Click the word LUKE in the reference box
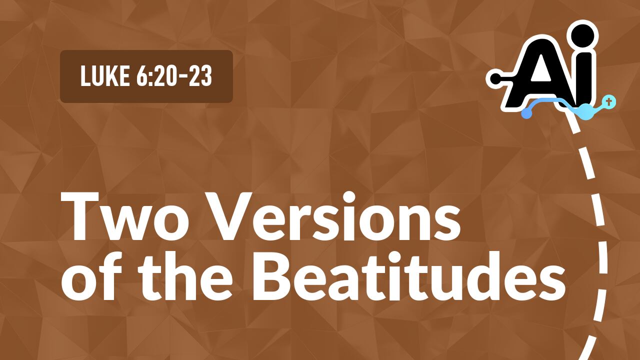(101, 76)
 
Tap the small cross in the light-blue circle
(608, 102)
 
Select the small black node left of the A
(494, 78)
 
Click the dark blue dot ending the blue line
(526, 114)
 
